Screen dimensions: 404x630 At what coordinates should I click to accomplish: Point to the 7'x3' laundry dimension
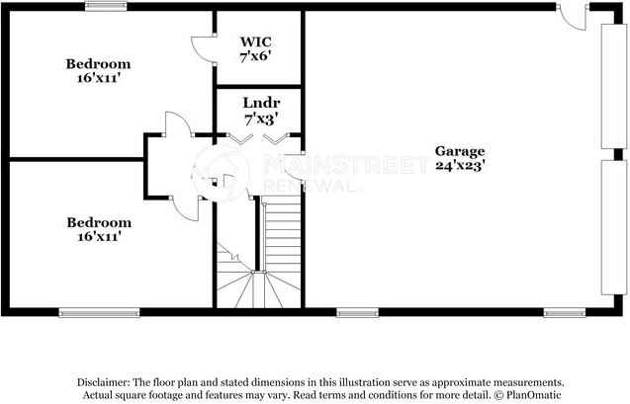(x=260, y=119)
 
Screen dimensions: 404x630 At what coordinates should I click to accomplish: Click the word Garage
(x=460, y=151)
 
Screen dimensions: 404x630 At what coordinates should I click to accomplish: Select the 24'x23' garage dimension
(x=460, y=166)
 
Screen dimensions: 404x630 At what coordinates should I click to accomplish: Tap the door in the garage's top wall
(x=575, y=15)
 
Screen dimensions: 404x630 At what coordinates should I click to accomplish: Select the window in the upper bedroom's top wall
(x=106, y=7)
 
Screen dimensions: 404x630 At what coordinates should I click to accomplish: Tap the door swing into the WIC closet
(x=202, y=49)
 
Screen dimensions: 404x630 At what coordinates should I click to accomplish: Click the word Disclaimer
(x=103, y=381)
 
